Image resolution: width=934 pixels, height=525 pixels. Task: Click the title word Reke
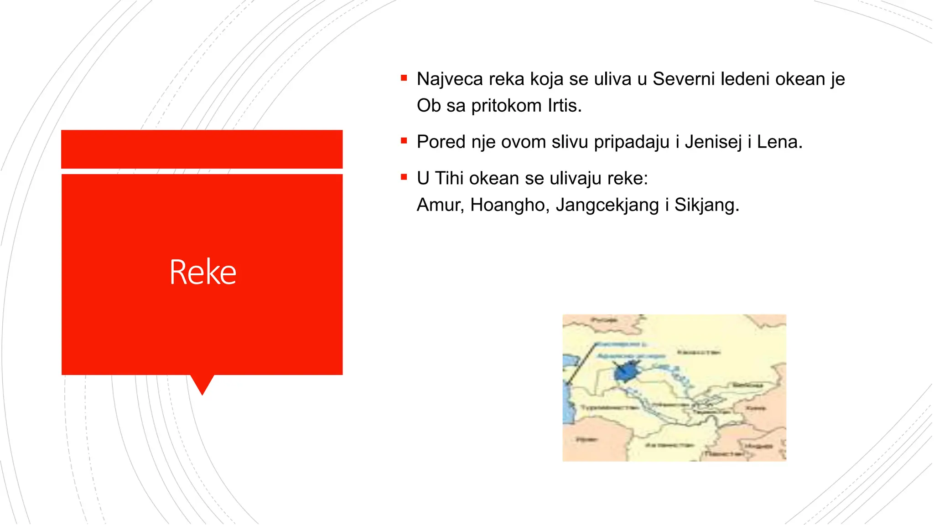point(202,272)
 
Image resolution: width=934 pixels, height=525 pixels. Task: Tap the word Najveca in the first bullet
point(450,79)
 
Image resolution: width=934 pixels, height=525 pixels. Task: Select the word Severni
point(684,79)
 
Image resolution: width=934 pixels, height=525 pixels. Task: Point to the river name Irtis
point(565,106)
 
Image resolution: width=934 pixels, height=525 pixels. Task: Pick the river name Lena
point(779,142)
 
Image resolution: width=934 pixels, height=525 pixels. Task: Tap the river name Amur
point(440,205)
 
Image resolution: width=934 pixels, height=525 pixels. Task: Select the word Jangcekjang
point(607,205)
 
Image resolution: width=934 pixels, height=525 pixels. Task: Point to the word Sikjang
point(706,205)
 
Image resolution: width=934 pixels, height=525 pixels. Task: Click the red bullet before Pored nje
point(404,141)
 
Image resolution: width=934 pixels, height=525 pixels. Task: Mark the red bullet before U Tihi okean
point(404,177)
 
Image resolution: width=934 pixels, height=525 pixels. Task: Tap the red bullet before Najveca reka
point(404,78)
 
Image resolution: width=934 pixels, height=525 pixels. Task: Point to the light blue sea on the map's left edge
point(567,410)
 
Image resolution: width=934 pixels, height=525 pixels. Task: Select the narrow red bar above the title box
point(202,149)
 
